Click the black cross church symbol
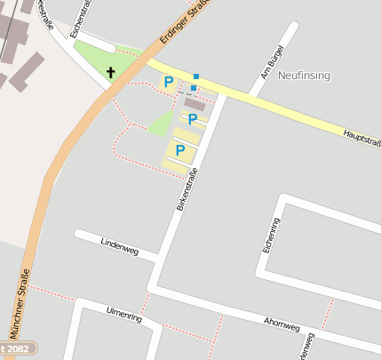[111, 73]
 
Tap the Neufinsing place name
[304, 76]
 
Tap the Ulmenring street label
[123, 313]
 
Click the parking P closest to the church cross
[168, 83]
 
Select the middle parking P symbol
[191, 118]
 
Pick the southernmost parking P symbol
[179, 151]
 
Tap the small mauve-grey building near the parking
[194, 104]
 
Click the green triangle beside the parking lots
[161, 124]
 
